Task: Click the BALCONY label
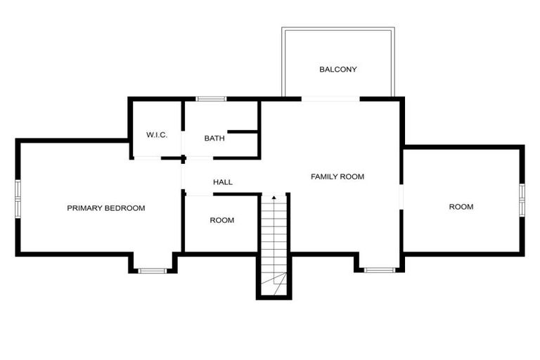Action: (338, 70)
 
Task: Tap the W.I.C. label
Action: (156, 134)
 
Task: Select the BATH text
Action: (214, 138)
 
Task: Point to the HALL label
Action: (223, 182)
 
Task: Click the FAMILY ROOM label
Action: (337, 176)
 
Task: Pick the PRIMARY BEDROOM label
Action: (105, 208)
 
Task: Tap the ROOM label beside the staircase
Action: (221, 220)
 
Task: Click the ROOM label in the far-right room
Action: (461, 207)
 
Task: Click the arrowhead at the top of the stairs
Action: (274, 198)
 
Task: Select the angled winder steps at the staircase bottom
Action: (274, 284)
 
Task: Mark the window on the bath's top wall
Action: (210, 99)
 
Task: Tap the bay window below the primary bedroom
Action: (151, 270)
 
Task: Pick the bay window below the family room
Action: (379, 269)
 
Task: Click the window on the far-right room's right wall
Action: (522, 198)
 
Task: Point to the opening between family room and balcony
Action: (330, 99)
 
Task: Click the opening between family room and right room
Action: (401, 198)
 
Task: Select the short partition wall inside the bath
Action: (243, 131)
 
